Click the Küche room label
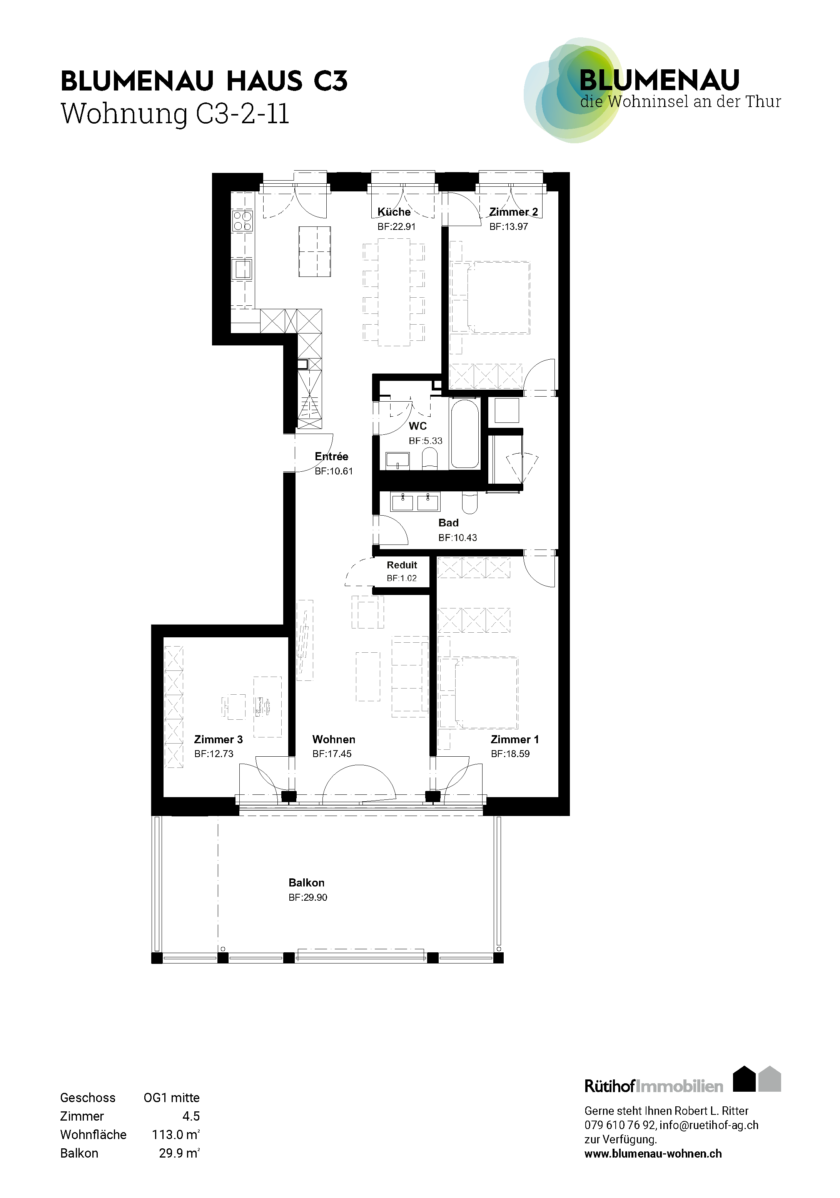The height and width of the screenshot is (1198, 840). (394, 212)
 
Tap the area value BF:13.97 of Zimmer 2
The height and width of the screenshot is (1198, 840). (508, 226)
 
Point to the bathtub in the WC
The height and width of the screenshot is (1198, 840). (464, 434)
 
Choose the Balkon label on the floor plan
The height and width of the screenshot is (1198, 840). (307, 883)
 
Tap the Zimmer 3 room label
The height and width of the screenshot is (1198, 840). (219, 739)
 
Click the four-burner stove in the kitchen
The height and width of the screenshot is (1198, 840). (242, 221)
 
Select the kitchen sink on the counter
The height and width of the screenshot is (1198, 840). (242, 269)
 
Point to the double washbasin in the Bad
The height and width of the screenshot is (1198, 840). (415, 502)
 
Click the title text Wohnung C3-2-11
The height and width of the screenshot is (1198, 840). (175, 114)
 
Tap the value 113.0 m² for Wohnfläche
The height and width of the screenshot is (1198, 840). (176, 1134)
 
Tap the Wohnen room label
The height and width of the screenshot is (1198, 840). (334, 739)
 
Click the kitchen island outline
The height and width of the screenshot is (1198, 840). (315, 251)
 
